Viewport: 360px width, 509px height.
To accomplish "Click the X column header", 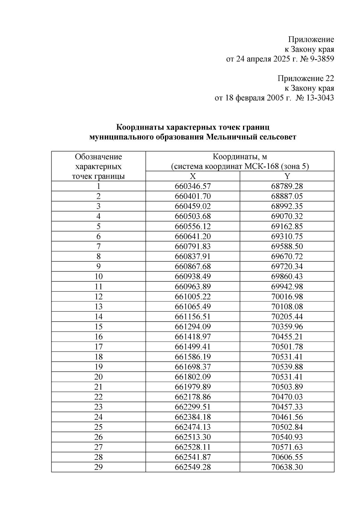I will click(193, 176).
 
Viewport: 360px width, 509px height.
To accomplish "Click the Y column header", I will click(287, 176).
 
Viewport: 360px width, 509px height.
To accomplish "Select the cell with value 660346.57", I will click(193, 186).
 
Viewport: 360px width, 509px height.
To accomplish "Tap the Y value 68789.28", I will click(287, 186).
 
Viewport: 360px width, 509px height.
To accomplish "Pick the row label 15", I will click(98, 327).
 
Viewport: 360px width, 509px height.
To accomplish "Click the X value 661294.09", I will click(193, 327).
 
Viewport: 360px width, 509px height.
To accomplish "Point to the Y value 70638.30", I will click(287, 467).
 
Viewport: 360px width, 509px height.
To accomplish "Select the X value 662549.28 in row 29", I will click(193, 467).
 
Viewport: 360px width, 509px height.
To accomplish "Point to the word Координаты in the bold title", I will click(140, 127).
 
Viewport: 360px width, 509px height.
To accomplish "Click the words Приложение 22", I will click(305, 79).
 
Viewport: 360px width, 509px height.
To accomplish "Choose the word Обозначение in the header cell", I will click(98, 157).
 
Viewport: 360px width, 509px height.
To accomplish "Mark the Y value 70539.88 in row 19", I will click(287, 367).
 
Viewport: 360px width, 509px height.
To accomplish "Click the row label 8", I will click(98, 256).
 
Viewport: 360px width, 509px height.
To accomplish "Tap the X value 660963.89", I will click(193, 286).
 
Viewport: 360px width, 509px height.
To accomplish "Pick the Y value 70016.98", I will click(287, 297).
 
